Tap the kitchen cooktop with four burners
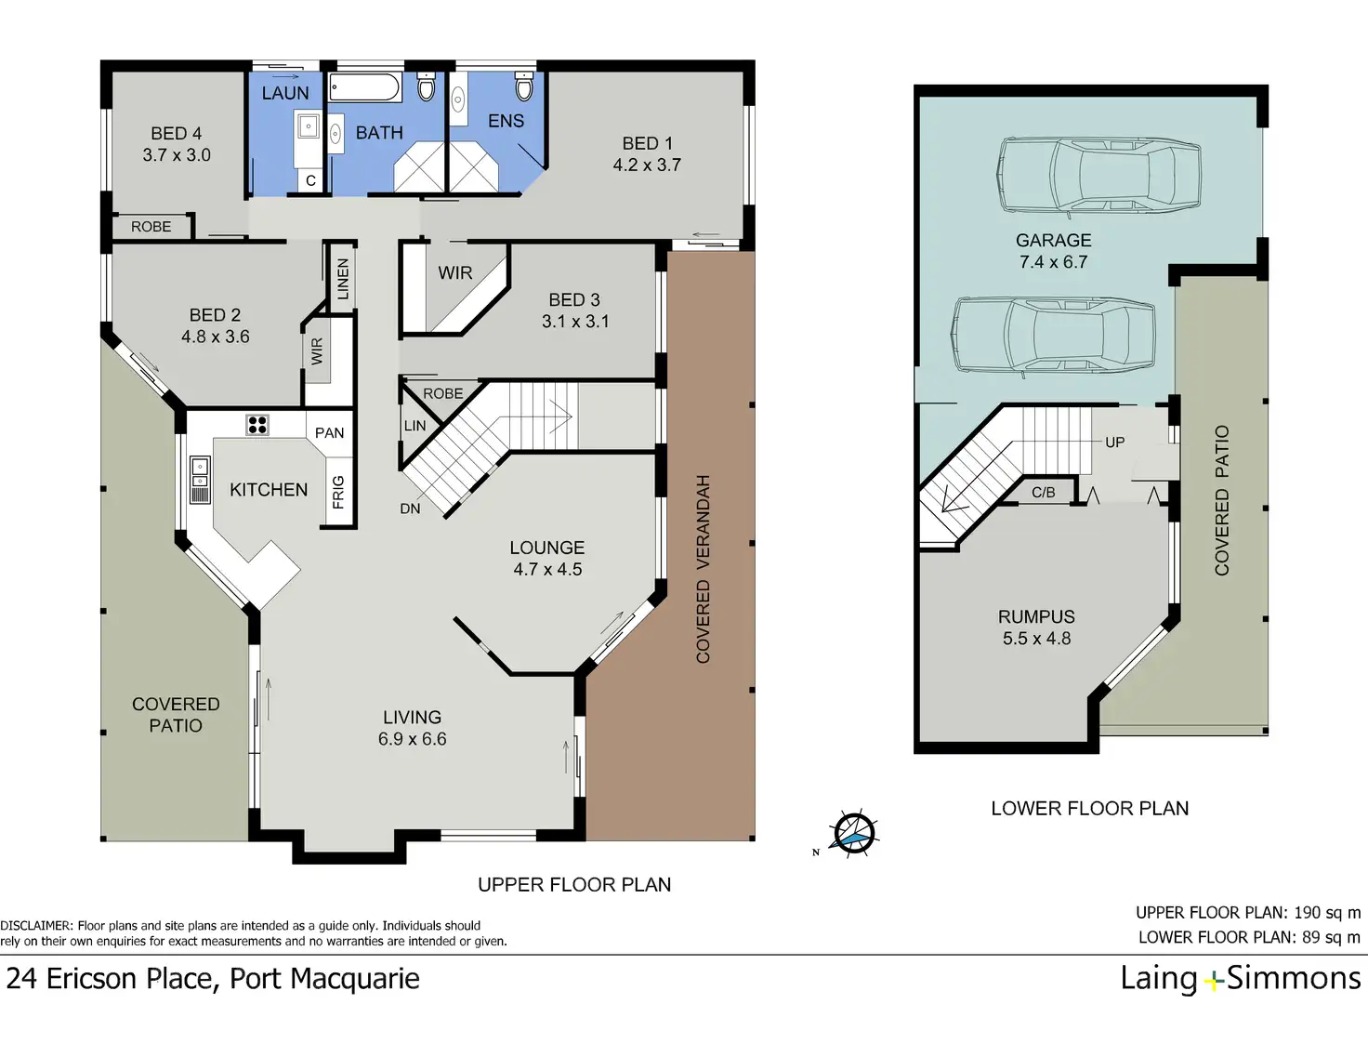click(256, 425)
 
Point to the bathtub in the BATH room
click(364, 87)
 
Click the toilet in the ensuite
click(524, 86)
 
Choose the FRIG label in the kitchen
click(338, 493)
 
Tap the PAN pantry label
click(329, 433)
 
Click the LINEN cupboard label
click(343, 279)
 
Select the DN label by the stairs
click(410, 509)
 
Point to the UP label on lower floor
click(1115, 443)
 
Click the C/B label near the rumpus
click(1043, 493)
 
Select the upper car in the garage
click(1098, 175)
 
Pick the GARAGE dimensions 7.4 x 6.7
click(1053, 262)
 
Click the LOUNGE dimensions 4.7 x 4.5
click(547, 570)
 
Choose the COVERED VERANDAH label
click(704, 569)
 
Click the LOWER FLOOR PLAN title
click(1090, 809)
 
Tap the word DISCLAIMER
click(35, 926)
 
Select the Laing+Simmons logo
click(1240, 979)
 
